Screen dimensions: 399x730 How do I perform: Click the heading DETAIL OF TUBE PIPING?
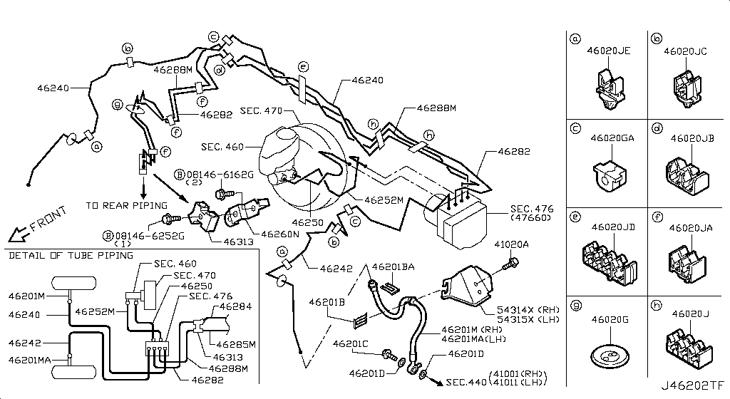65,255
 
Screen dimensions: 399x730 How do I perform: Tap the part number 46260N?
279,233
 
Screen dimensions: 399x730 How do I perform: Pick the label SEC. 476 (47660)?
530,214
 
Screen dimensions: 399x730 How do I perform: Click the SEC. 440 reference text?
464,383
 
